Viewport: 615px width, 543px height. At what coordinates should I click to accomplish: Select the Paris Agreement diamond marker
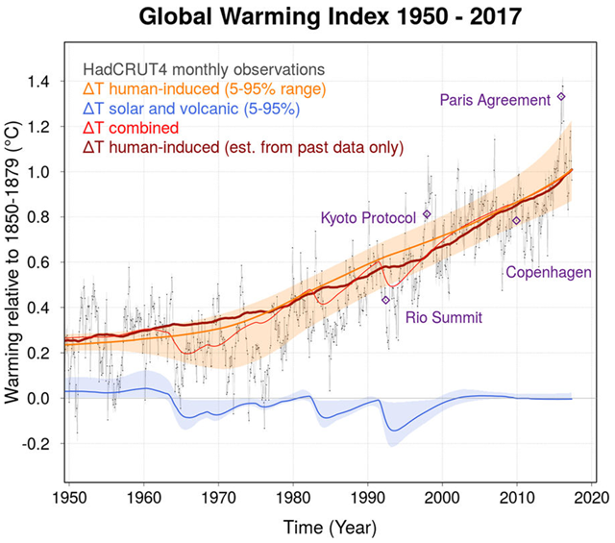click(x=561, y=96)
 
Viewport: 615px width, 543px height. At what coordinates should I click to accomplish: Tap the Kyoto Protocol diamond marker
click(x=428, y=213)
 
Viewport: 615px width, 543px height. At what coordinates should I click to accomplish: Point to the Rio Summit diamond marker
click(x=386, y=300)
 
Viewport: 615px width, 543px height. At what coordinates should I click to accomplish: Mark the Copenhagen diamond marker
click(x=516, y=221)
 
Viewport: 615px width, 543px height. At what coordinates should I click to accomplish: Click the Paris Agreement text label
click(x=494, y=99)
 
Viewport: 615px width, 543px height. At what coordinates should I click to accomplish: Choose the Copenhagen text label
click(x=549, y=273)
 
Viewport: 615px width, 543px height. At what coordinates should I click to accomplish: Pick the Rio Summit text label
click(x=444, y=317)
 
